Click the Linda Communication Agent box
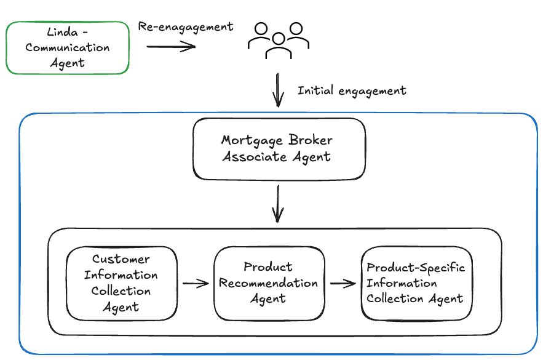[x=68, y=47]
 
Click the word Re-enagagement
[x=186, y=27]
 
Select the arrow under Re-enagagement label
[x=170, y=46]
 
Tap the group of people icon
[x=279, y=40]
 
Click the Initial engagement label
[x=352, y=90]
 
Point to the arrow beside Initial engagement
[x=279, y=90]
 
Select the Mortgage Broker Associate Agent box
[x=279, y=148]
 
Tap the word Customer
[x=121, y=258]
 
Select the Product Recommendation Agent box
[x=269, y=282]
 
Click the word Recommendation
[x=269, y=283]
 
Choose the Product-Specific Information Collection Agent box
[x=416, y=283]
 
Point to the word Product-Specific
[x=416, y=268]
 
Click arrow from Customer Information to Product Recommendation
[x=196, y=283]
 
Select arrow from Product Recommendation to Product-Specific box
[x=343, y=284]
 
